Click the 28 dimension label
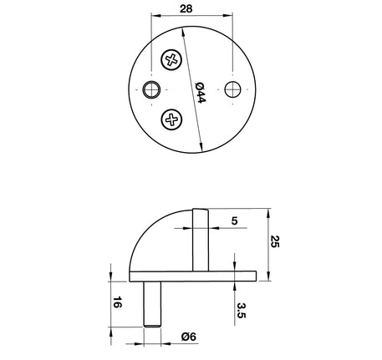click(186, 8)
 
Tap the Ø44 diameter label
click(200, 93)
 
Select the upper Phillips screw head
click(171, 59)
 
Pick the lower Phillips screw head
click(171, 119)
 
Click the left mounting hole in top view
click(151, 89)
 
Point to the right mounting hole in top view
click(232, 89)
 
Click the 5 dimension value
click(234, 221)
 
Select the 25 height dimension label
click(274, 241)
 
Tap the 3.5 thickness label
click(242, 311)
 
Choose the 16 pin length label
click(117, 302)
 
